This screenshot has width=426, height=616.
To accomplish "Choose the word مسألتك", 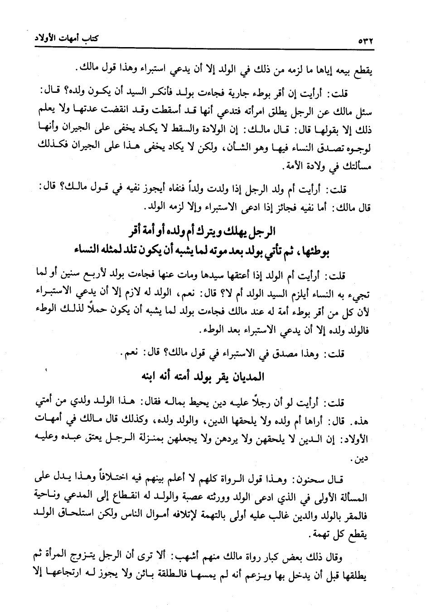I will [x=351, y=167].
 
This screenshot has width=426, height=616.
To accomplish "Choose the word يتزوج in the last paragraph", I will [x=107, y=556].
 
